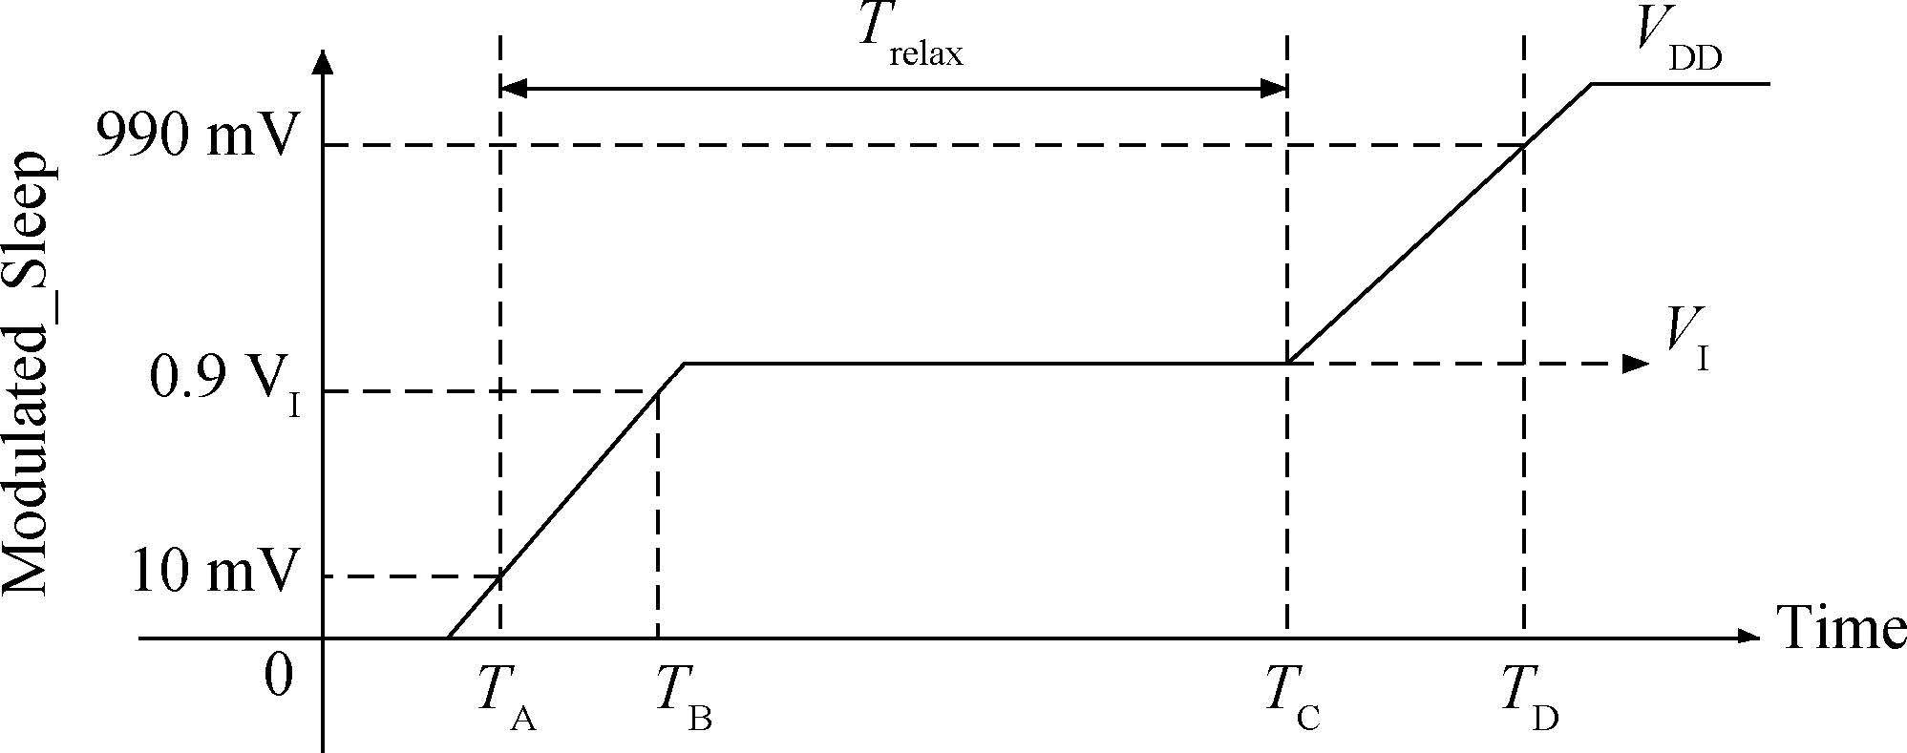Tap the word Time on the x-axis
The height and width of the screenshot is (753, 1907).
pyautogui.click(x=1841, y=629)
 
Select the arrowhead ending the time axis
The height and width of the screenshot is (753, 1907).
pyautogui.click(x=1747, y=637)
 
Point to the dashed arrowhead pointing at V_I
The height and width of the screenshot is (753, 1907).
pyautogui.click(x=1636, y=363)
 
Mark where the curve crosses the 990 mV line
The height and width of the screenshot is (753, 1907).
pyautogui.click(x=1523, y=145)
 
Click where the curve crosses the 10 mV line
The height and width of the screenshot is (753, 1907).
pyautogui.click(x=501, y=576)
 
